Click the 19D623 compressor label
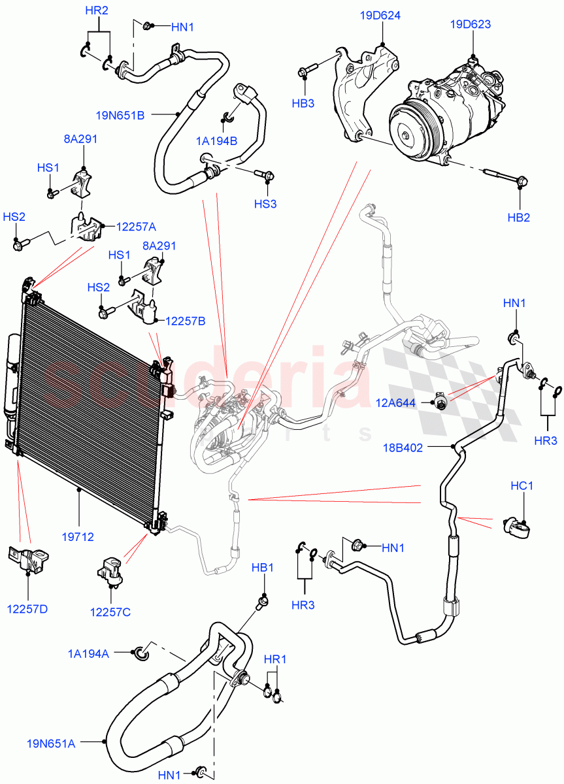(x=470, y=25)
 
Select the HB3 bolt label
(x=303, y=103)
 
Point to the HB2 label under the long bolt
(x=519, y=218)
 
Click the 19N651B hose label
(x=120, y=116)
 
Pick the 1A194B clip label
(x=216, y=140)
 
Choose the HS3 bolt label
(x=265, y=204)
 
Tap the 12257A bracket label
(x=136, y=227)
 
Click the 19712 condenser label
(x=79, y=537)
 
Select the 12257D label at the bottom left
(x=27, y=610)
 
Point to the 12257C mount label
(x=110, y=612)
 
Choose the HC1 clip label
(x=522, y=486)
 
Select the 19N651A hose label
(x=51, y=743)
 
